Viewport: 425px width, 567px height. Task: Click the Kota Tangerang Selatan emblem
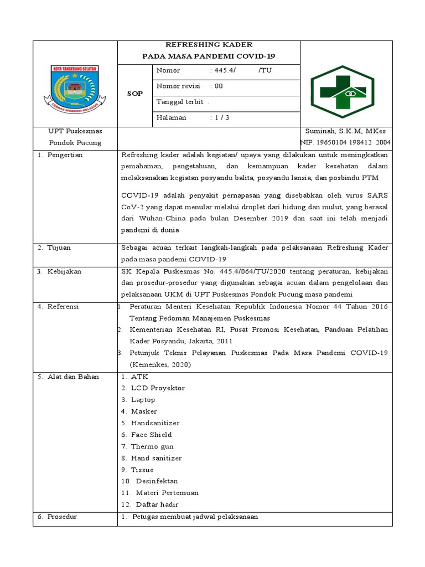tap(71, 87)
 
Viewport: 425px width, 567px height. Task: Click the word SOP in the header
tap(135, 94)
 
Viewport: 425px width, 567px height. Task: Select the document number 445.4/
tap(224, 70)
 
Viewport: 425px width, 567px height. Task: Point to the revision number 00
tap(219, 86)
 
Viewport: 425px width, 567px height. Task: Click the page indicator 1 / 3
tap(222, 117)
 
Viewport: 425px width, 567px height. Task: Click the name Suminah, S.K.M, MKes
tap(345, 131)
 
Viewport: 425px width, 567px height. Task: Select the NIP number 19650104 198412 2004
tap(350, 142)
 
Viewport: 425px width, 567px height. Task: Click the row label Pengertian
tap(63, 155)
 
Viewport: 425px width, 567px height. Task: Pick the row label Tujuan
tap(58, 248)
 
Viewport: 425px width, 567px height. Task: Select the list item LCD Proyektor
tap(158, 388)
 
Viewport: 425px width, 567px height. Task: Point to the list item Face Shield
tap(151, 435)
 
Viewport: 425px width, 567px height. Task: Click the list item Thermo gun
tap(152, 446)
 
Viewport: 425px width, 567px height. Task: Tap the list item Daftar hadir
tap(155, 504)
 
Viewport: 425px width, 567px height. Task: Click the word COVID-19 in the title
tap(256, 56)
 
